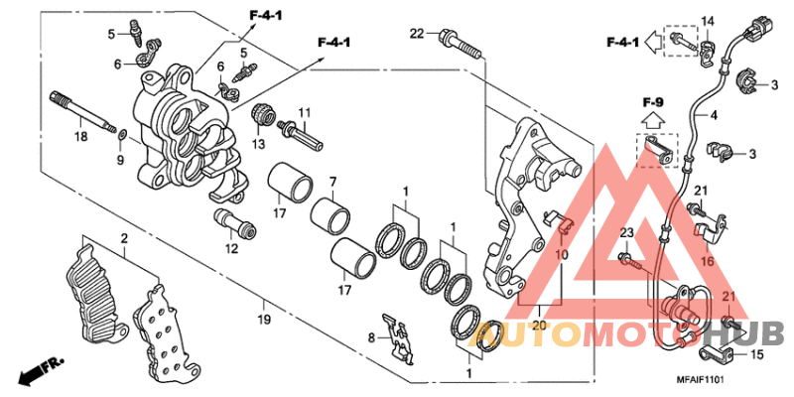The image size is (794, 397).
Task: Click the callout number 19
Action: point(263,321)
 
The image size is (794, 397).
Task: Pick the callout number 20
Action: point(540,325)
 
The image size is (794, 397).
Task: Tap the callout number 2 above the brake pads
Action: point(125,239)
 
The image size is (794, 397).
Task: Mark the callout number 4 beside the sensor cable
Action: point(712,116)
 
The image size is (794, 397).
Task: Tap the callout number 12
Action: point(231,249)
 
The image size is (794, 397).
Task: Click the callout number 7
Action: point(333,182)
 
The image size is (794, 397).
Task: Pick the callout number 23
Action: point(626,233)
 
